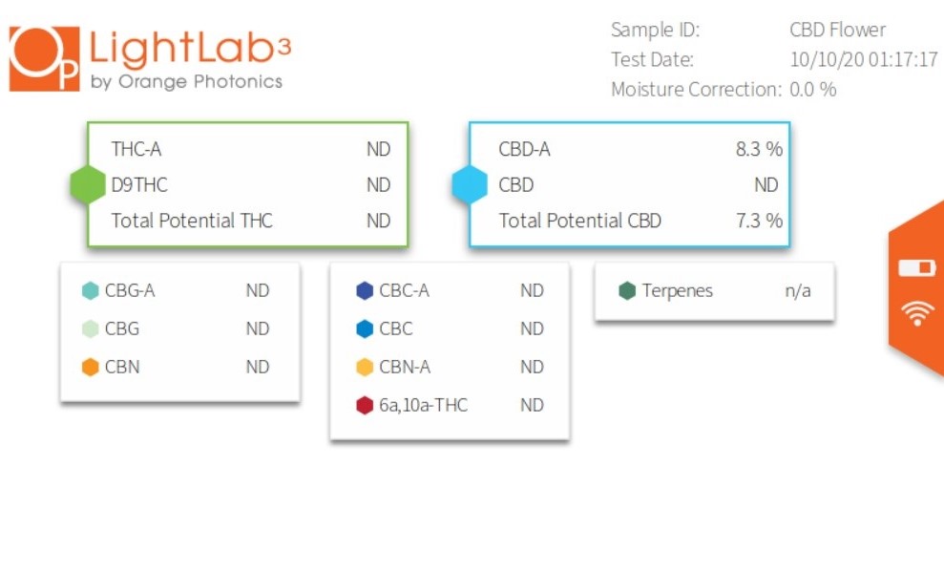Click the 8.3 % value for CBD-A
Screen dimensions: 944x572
click(759, 149)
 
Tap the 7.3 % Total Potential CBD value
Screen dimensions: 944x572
click(759, 221)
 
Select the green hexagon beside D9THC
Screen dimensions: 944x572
click(88, 184)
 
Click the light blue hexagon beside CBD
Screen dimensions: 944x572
click(470, 184)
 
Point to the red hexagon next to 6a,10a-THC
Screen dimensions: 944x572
click(365, 405)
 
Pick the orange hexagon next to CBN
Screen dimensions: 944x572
click(91, 367)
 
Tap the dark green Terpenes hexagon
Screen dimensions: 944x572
click(627, 291)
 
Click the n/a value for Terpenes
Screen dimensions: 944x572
click(798, 291)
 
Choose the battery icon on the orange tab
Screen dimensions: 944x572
click(917, 267)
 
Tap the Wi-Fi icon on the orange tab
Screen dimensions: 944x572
click(917, 313)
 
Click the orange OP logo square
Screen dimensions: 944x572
click(45, 59)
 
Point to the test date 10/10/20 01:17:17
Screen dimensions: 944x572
click(864, 59)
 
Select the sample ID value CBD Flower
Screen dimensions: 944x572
click(837, 30)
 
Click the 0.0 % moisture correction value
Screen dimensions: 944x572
click(812, 89)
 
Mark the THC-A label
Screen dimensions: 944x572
click(136, 149)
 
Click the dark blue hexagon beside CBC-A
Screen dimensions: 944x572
click(365, 291)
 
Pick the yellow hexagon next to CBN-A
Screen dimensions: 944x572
click(365, 367)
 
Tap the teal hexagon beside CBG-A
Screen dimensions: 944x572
click(91, 291)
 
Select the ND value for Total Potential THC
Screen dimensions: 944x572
click(379, 221)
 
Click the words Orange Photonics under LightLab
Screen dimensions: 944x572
click(200, 81)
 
